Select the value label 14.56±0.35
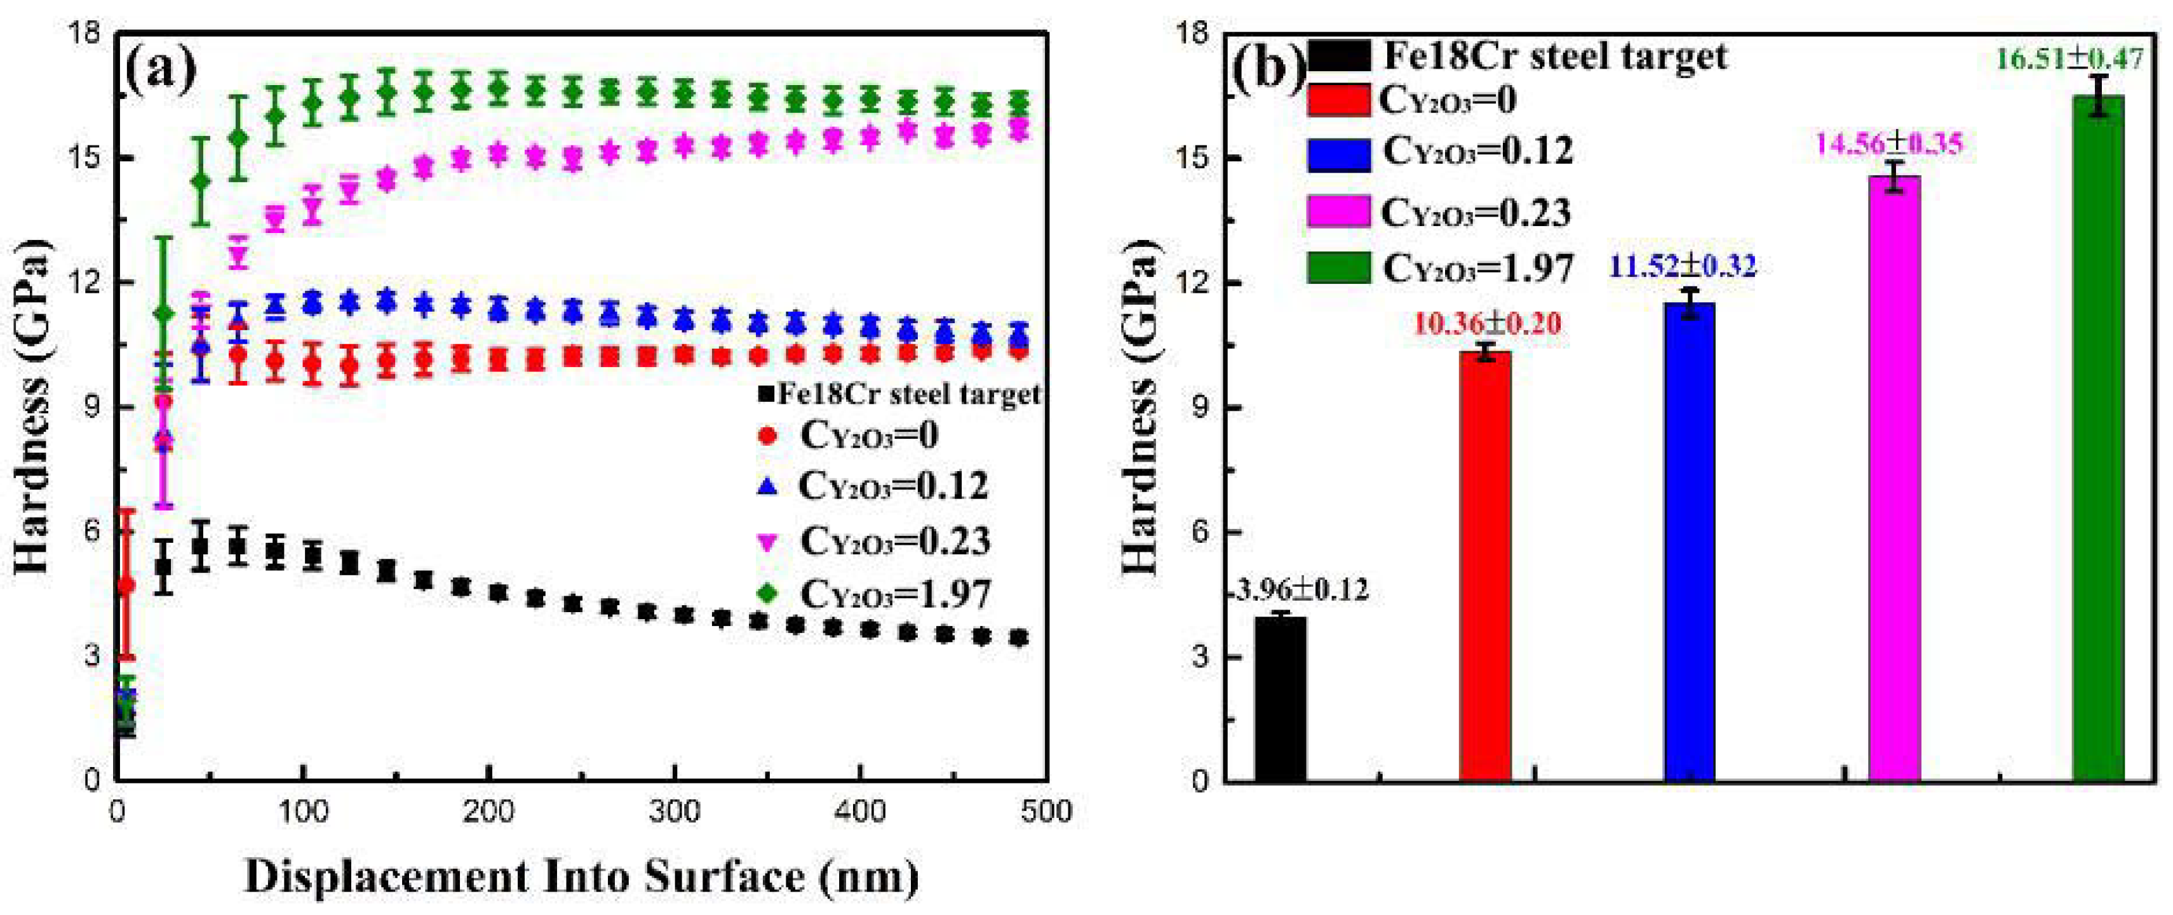(1888, 144)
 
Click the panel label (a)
(160, 71)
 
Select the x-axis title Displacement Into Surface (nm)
(582, 877)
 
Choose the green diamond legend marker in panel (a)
(767, 594)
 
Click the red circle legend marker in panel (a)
(767, 436)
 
